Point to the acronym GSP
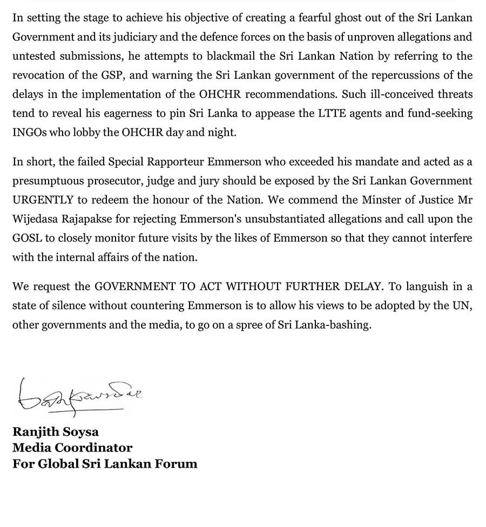click(107, 75)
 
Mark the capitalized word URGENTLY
click(43, 200)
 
